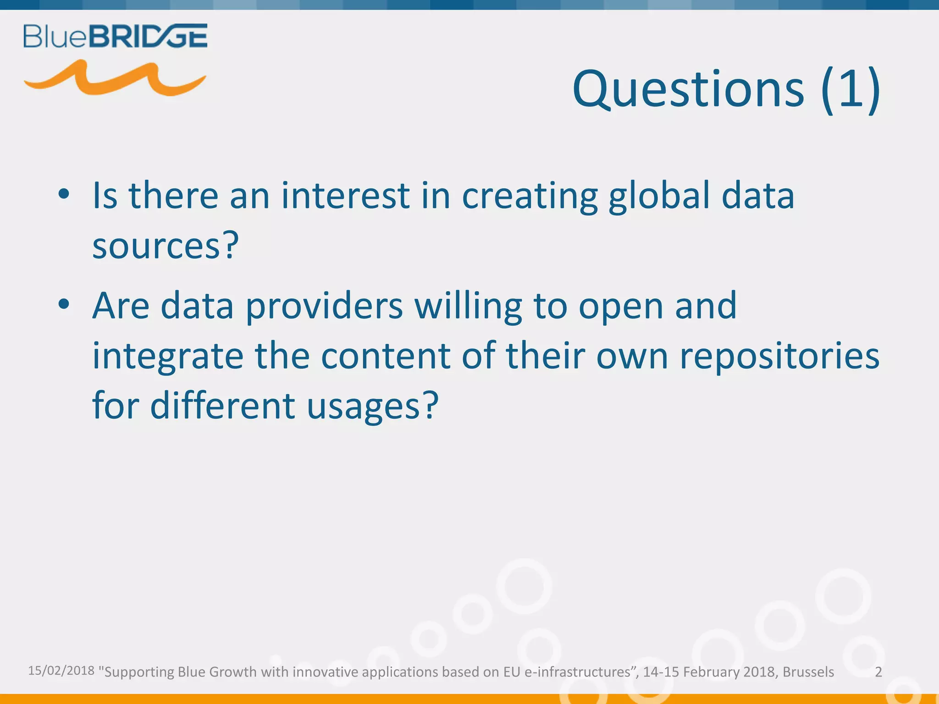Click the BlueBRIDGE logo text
click(x=115, y=36)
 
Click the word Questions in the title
click(x=688, y=89)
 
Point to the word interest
click(x=345, y=196)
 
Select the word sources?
click(x=166, y=246)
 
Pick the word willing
click(x=468, y=306)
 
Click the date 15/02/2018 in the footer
click(x=61, y=671)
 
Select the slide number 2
click(x=878, y=672)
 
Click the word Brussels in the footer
click(x=808, y=672)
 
